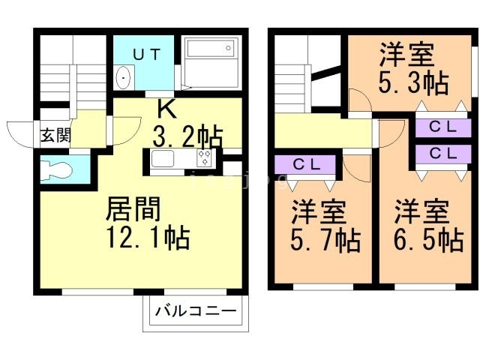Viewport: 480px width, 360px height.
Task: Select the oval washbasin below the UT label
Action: tap(123, 77)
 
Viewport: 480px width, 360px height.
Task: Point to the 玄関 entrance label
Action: tap(55, 136)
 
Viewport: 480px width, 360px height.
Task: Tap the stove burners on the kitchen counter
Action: tap(204, 157)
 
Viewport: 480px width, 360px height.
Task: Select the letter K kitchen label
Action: tap(166, 110)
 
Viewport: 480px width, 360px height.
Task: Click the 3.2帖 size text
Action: tap(187, 138)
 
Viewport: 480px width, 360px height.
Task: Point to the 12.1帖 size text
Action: tap(147, 238)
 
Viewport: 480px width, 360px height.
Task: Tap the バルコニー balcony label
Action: tap(196, 310)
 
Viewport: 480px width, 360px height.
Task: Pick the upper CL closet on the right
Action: tap(442, 127)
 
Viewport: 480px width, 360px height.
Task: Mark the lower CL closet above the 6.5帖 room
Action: tap(442, 152)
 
